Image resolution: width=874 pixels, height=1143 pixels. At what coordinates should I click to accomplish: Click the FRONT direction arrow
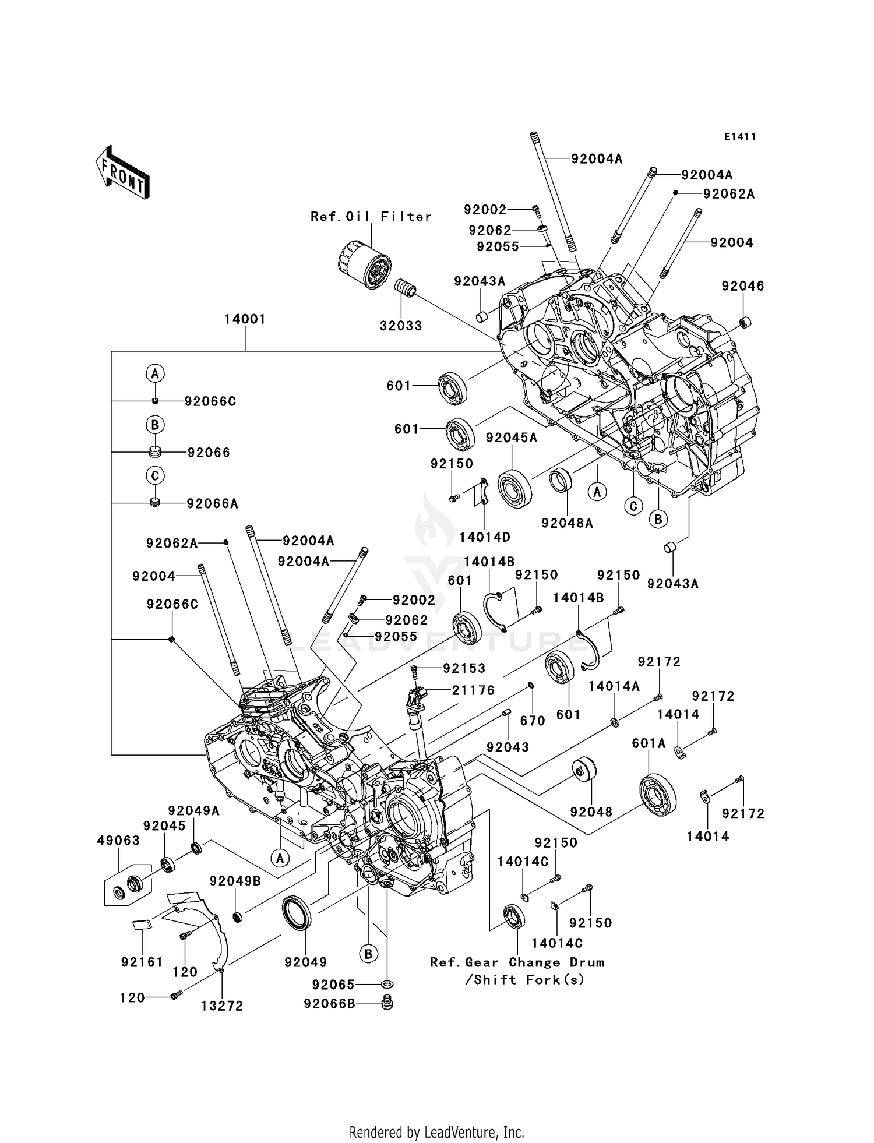tap(123, 172)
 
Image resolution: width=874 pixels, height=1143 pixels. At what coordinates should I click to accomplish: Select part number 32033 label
tap(401, 326)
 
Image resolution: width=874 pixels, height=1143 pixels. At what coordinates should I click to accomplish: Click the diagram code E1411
tap(740, 137)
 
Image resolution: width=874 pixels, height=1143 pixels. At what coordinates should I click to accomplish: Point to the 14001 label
tap(245, 319)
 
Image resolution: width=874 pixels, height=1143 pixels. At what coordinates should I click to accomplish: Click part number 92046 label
tap(743, 286)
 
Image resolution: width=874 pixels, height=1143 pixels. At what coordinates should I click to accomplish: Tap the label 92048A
tap(567, 523)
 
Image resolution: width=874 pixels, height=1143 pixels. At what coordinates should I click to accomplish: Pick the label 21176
tap(473, 690)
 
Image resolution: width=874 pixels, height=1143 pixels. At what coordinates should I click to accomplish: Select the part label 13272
tap(222, 1006)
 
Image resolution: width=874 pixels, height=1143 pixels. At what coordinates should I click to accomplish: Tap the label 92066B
tap(329, 1003)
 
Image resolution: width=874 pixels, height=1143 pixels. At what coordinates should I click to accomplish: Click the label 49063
tap(118, 840)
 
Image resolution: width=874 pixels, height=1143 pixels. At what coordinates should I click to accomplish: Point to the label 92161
tap(142, 962)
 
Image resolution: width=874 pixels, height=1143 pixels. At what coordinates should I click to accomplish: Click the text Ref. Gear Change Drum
tap(517, 962)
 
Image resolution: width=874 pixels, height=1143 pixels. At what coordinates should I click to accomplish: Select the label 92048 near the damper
tap(591, 812)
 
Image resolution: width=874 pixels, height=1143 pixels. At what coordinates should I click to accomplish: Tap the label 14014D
tap(485, 537)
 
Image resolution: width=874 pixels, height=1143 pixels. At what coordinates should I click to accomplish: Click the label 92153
tap(464, 668)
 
